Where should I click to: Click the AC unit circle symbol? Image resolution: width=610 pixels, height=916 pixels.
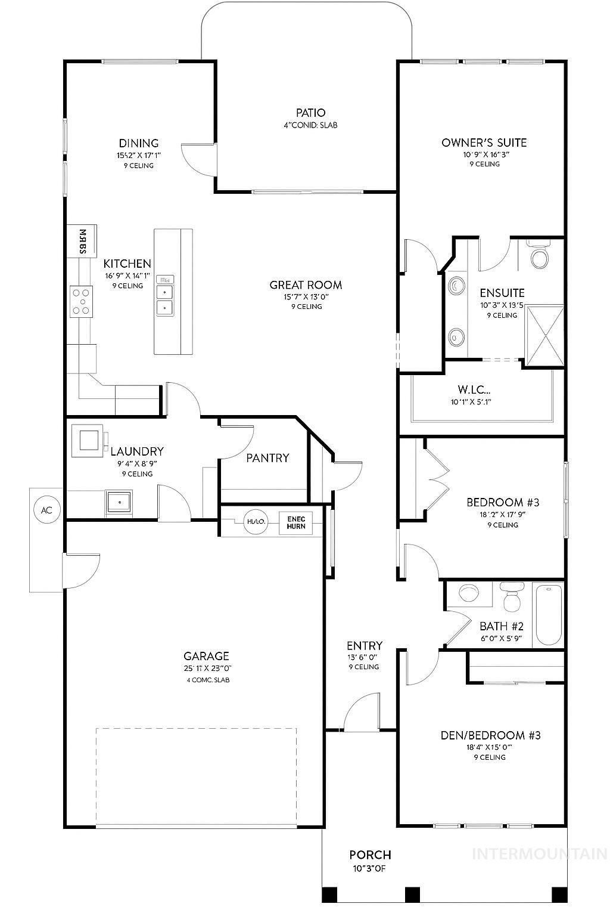pos(46,510)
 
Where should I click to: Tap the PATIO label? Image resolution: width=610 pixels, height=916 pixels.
pos(310,113)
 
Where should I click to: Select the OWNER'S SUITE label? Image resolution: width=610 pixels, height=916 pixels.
pos(484,143)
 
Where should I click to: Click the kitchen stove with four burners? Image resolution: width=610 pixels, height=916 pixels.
pos(82,301)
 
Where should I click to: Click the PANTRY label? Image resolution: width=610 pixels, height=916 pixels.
pos(267,457)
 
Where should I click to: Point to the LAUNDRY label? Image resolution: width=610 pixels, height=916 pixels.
pos(137,451)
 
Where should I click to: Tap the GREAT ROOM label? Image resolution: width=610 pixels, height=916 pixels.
pos(306,285)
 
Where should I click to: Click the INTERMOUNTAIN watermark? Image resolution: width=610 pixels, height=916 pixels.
pos(539,854)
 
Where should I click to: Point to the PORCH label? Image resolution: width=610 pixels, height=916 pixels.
pos(370,855)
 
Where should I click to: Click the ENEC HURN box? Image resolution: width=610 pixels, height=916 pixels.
pos(295,522)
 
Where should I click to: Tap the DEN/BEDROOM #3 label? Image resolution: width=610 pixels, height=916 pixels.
pos(490,735)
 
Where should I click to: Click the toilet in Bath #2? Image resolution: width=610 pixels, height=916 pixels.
pos(511,598)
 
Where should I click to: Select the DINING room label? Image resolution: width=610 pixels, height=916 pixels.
pos(139,143)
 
